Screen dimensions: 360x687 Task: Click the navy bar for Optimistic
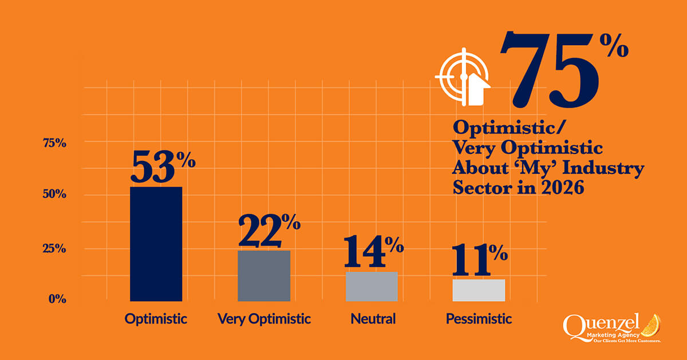click(x=156, y=243)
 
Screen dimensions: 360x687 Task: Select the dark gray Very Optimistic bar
click(x=264, y=275)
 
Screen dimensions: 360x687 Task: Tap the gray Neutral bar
click(x=372, y=286)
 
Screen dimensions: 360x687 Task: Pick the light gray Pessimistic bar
click(x=479, y=290)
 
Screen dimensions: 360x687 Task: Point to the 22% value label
click(x=269, y=231)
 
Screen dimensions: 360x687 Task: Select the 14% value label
click(x=373, y=252)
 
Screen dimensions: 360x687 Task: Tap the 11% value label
click(x=479, y=260)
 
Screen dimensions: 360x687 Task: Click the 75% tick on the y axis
click(x=55, y=143)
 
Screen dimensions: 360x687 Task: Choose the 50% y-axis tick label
click(x=55, y=195)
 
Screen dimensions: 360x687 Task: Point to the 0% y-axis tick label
click(x=57, y=298)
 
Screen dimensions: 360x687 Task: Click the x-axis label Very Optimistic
click(x=264, y=319)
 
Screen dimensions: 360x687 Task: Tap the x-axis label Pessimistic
click(x=479, y=319)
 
